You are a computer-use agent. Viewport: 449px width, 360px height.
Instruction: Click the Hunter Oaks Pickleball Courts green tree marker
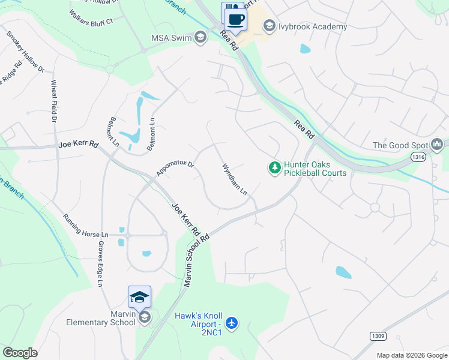point(274,167)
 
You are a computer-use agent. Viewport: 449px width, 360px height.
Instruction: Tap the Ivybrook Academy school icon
point(269,26)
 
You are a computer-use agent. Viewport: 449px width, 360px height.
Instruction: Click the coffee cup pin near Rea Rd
point(236,19)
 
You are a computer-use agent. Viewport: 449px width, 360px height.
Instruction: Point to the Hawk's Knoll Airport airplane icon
point(232,323)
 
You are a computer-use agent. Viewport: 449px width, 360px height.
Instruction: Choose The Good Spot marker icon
point(437,145)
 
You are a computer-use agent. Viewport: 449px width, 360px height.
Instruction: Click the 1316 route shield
point(418,156)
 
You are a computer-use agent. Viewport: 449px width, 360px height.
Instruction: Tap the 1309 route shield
point(377,337)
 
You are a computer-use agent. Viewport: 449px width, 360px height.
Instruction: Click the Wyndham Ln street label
point(235,179)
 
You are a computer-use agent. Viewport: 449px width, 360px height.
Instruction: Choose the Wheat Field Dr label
point(54,102)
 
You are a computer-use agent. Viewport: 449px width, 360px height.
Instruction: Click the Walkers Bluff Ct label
point(91,17)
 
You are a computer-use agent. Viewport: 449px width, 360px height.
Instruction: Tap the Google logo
point(20,353)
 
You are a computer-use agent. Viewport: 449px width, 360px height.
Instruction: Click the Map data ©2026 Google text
point(412,355)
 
